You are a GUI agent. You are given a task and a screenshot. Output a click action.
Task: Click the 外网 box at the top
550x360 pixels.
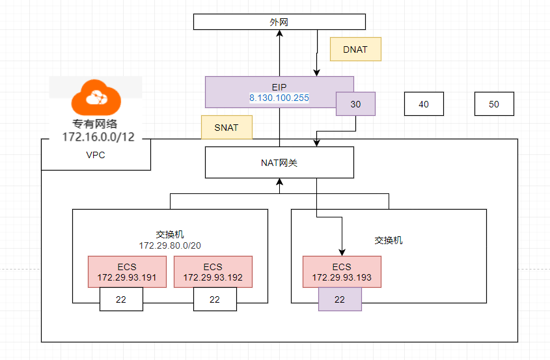pyautogui.click(x=279, y=22)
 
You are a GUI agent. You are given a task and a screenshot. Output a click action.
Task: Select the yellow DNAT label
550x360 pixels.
pyautogui.click(x=355, y=49)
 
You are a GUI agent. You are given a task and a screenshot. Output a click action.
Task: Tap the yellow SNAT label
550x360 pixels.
pyautogui.click(x=226, y=128)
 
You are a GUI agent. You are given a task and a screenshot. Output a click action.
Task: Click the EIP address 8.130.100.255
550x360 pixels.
pyautogui.click(x=279, y=98)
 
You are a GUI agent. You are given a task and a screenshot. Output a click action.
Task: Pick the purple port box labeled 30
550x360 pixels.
pyautogui.click(x=355, y=104)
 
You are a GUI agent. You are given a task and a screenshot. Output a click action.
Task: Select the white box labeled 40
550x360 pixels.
pyautogui.click(x=424, y=104)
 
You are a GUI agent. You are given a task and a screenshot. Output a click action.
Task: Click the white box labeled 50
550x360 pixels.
pyautogui.click(x=494, y=104)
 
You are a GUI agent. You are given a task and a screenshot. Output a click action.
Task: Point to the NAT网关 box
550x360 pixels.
pyautogui.click(x=279, y=163)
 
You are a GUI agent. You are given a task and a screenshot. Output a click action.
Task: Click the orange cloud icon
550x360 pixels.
pyautogui.click(x=96, y=97)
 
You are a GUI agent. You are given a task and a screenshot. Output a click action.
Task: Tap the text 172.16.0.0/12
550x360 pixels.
pyautogui.click(x=95, y=137)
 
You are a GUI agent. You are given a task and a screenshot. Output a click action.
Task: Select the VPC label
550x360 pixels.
pyautogui.click(x=95, y=156)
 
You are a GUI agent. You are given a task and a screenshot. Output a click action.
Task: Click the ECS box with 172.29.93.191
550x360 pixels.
pyautogui.click(x=128, y=272)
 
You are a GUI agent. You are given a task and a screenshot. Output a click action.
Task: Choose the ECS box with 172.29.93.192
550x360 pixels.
pyautogui.click(x=213, y=272)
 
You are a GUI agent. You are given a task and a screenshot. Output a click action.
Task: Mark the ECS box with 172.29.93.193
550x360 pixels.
pyautogui.click(x=342, y=272)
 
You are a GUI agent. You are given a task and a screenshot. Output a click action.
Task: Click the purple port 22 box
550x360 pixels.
pyautogui.click(x=340, y=300)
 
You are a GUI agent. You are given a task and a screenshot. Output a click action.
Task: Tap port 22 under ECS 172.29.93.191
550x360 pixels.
pyautogui.click(x=121, y=300)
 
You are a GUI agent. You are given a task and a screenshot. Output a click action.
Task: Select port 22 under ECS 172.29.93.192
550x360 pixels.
pyautogui.click(x=215, y=300)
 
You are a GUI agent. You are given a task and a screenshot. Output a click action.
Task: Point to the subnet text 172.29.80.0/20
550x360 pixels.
pyautogui.click(x=169, y=246)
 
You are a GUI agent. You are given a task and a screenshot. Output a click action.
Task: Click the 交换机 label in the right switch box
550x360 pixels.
pyautogui.click(x=389, y=240)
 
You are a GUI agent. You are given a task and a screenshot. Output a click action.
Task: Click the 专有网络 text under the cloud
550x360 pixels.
pyautogui.click(x=95, y=124)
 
